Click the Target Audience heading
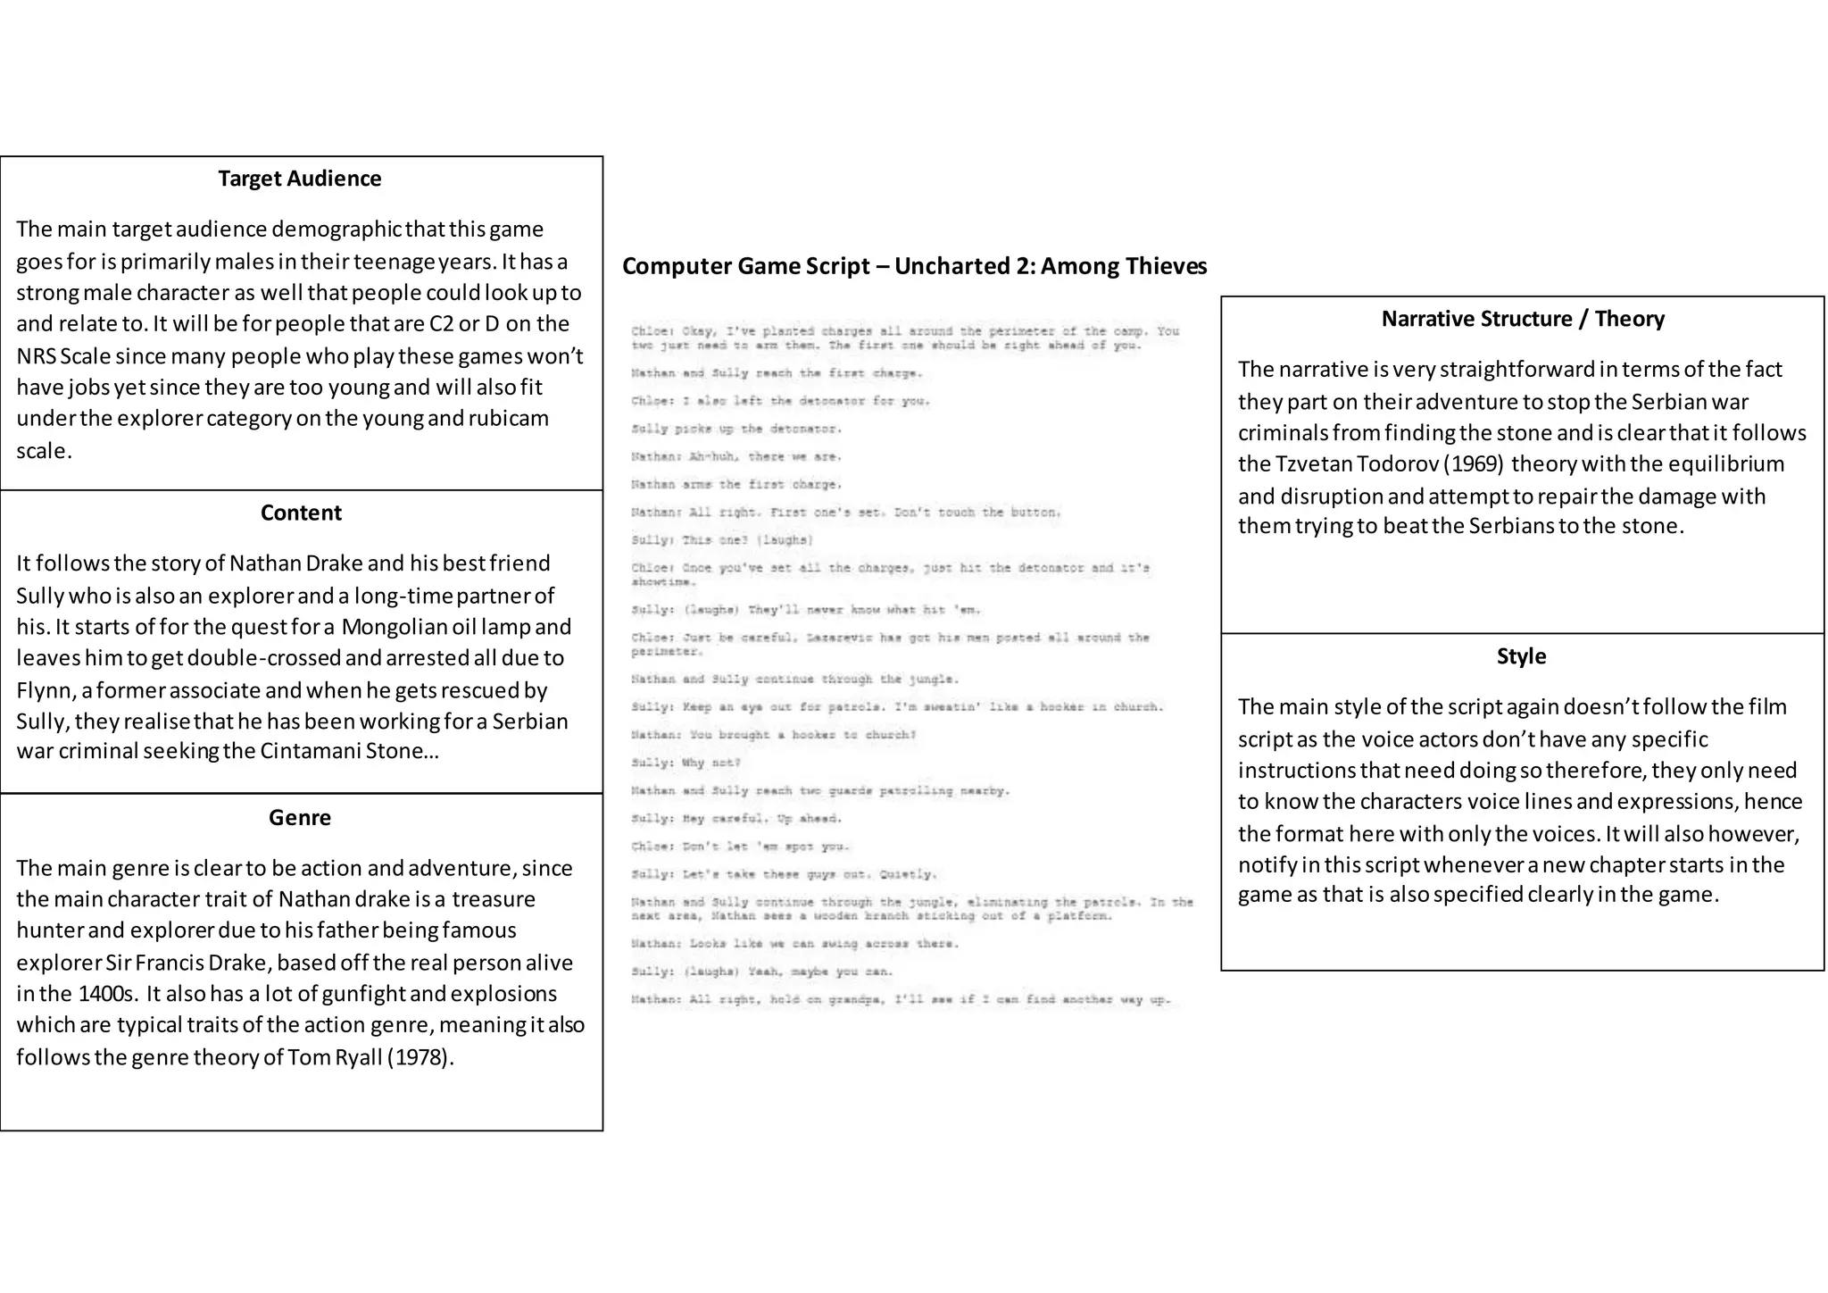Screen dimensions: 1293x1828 300,179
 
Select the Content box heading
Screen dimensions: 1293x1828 301,513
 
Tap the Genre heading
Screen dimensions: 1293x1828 300,817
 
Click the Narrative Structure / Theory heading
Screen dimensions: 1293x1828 1523,319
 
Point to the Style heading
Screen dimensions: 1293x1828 1521,656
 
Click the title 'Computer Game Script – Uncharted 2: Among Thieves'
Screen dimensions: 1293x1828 914,266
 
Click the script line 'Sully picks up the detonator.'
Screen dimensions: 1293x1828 736,429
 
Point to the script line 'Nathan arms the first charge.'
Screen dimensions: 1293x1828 736,484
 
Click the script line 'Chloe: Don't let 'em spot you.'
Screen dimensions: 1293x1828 741,847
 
